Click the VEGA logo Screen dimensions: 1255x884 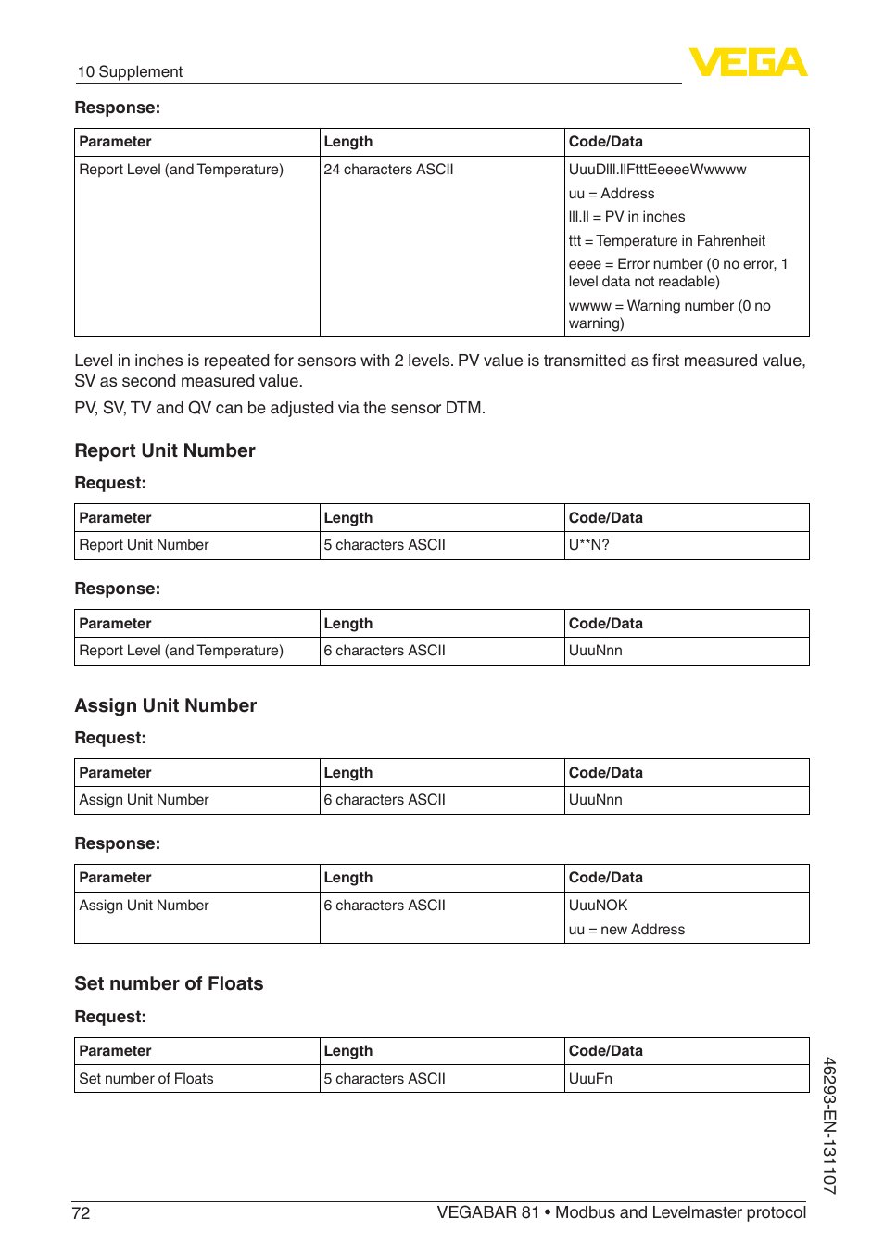[x=748, y=62]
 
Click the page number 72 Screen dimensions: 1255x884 [x=81, y=1213]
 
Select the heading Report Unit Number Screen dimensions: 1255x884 [x=165, y=451]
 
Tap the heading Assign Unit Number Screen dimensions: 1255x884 [x=166, y=706]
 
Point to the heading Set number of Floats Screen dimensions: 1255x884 [x=169, y=984]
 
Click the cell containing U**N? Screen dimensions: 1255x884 [x=589, y=545]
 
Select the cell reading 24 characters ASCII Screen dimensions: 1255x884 [x=389, y=170]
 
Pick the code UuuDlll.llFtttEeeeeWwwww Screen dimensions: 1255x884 [x=657, y=170]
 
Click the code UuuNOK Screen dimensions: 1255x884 [x=598, y=906]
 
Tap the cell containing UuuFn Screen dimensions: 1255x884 [x=590, y=1079]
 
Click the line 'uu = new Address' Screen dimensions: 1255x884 [x=626, y=930]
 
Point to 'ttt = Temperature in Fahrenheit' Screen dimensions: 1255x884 [x=667, y=241]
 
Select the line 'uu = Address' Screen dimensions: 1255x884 [x=612, y=194]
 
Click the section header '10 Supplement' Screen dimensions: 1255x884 [x=130, y=72]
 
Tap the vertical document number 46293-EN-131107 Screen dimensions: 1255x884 [x=829, y=1125]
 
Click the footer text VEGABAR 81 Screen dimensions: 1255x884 [x=487, y=1213]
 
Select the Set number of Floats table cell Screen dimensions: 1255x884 [x=146, y=1079]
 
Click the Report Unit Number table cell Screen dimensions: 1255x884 [x=144, y=545]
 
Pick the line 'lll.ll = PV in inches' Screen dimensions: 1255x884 [x=626, y=217]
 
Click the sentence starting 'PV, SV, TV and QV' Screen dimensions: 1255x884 [x=280, y=408]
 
